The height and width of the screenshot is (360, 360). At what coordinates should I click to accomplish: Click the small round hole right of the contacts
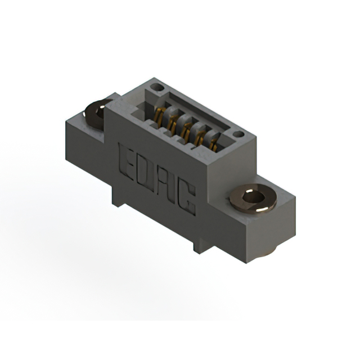(x=238, y=135)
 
